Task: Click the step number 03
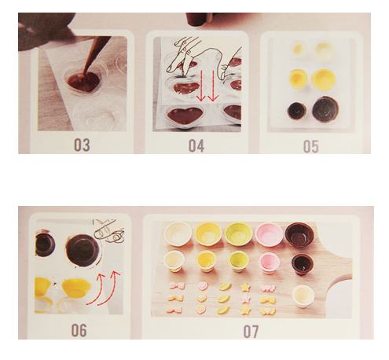[x=82, y=145]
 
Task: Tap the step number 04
[x=196, y=146]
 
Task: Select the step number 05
[x=311, y=146]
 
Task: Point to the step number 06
[x=79, y=330]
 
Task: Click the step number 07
[x=251, y=332]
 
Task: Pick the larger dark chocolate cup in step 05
[x=325, y=108]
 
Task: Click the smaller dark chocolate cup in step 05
[x=297, y=110]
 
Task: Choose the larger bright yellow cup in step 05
[x=324, y=79]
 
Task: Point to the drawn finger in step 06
[x=108, y=231]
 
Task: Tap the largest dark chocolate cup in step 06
[x=83, y=251]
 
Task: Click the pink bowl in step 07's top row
[x=269, y=234]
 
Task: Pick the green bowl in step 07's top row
[x=238, y=233]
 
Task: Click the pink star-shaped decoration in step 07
[x=246, y=298]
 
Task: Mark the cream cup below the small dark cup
[x=303, y=296]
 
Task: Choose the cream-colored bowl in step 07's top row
[x=178, y=233]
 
